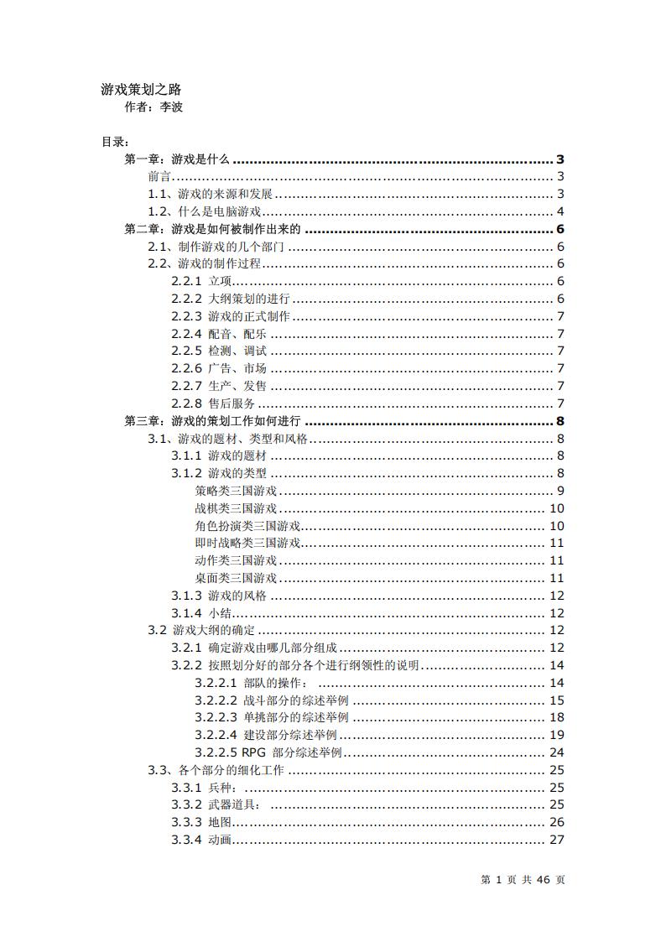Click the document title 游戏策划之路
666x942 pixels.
(x=141, y=89)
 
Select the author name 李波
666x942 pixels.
(x=171, y=107)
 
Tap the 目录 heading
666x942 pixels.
(x=114, y=142)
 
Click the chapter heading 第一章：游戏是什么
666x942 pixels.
(x=177, y=159)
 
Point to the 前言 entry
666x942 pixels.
(x=159, y=176)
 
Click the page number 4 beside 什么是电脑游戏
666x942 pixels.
(x=559, y=211)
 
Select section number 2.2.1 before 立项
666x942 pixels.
(x=186, y=281)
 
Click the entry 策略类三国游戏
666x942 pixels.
(x=236, y=491)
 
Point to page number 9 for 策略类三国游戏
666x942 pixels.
(x=559, y=491)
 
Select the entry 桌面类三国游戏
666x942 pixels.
(x=236, y=578)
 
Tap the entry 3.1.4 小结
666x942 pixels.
(x=201, y=613)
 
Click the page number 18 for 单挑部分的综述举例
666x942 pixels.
(x=556, y=717)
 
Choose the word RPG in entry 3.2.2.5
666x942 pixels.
(x=252, y=752)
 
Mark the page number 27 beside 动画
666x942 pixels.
(x=556, y=840)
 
